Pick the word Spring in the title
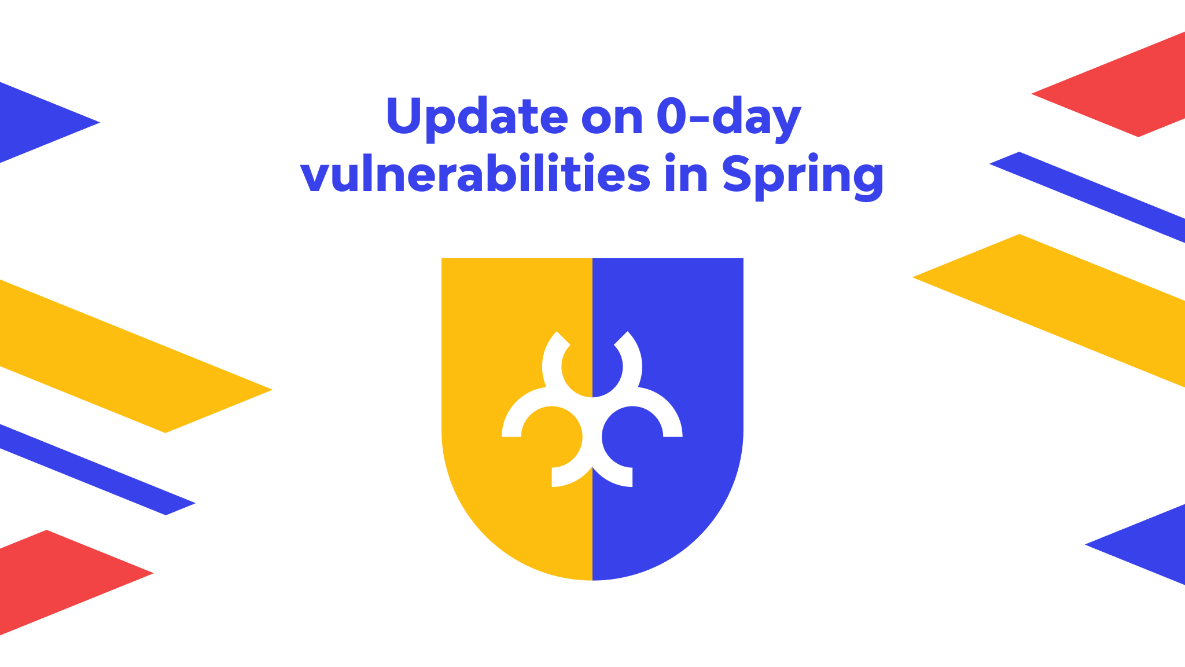(803, 175)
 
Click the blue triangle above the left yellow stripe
(35, 122)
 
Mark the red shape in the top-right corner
(1128, 87)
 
